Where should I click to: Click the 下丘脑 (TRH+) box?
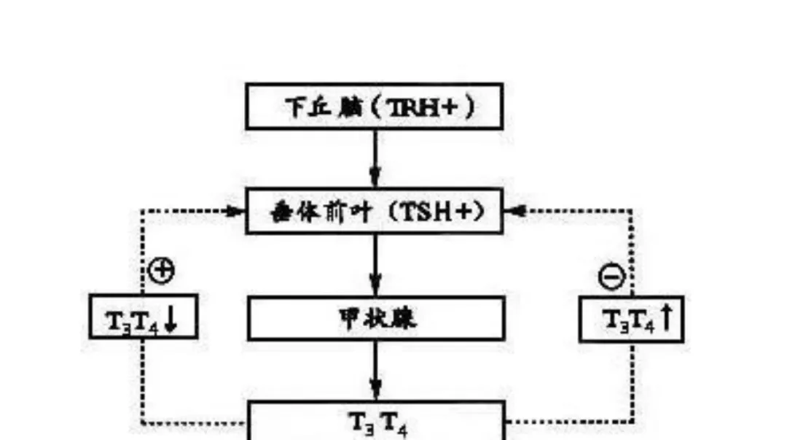tap(375, 107)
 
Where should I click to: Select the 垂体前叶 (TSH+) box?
tap(375, 212)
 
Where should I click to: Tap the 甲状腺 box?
tap(376, 319)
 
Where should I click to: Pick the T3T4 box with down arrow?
tap(143, 317)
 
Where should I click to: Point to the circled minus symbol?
tap(611, 277)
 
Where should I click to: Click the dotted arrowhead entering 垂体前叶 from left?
tap(235, 212)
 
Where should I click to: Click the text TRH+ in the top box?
tap(422, 107)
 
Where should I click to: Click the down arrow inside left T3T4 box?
tap(170, 318)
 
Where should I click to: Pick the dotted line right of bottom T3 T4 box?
tap(568, 421)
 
